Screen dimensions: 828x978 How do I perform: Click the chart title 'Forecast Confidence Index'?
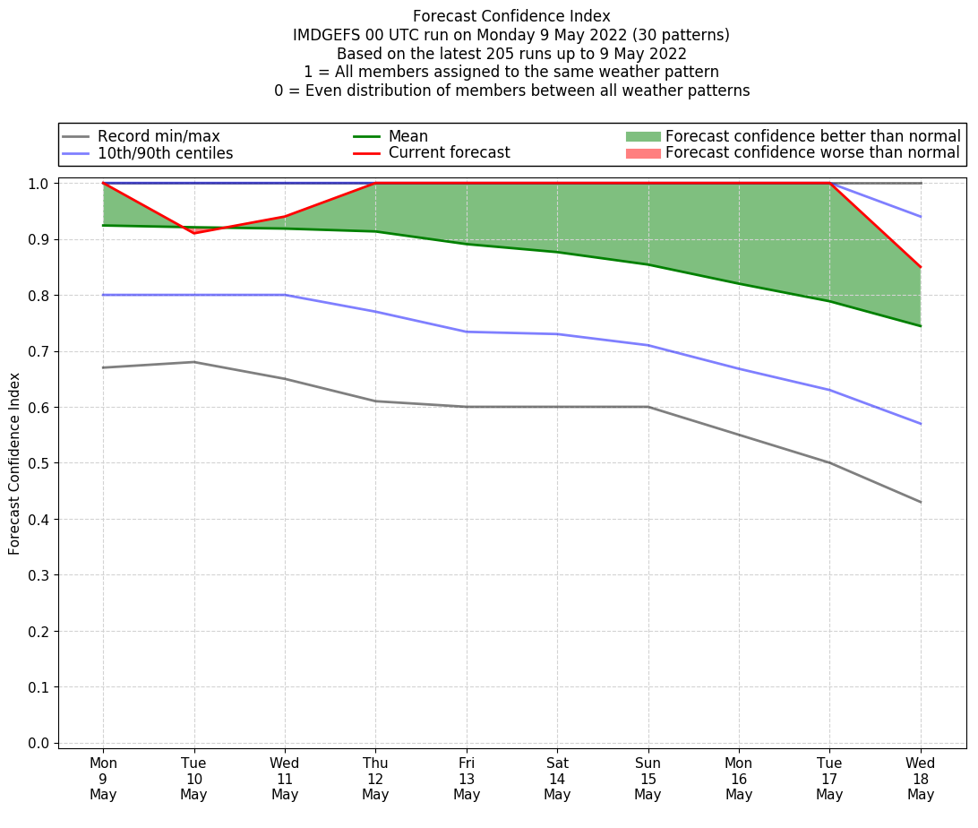pyautogui.click(x=511, y=16)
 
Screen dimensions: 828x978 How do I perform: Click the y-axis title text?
pyautogui.click(x=14, y=462)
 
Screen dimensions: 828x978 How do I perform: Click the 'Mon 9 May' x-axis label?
pyautogui.click(x=103, y=779)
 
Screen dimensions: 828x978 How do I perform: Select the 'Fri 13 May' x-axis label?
pyautogui.click(x=467, y=779)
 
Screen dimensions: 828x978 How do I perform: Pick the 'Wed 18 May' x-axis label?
pyautogui.click(x=920, y=779)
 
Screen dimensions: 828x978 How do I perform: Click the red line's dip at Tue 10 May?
pyautogui.click(x=194, y=233)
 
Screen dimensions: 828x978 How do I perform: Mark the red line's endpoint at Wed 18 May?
pyautogui.click(x=920, y=267)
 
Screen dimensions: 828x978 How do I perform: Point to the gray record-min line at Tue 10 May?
pyautogui.click(x=194, y=362)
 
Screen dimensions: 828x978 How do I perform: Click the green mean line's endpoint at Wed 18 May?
pyautogui.click(x=920, y=326)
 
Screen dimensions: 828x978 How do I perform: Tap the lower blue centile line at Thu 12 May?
pyautogui.click(x=375, y=312)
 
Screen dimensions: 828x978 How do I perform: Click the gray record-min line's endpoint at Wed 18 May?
pyautogui.click(x=920, y=502)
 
